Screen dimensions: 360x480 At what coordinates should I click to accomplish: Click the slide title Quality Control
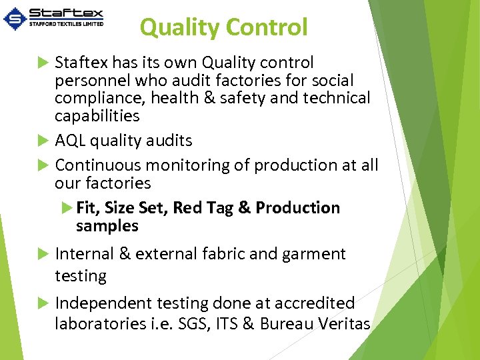223,27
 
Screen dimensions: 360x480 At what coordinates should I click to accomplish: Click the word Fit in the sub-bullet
87,208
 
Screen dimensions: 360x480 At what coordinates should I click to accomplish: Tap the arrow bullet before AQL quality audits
43,141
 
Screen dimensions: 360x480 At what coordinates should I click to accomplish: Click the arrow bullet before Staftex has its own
43,63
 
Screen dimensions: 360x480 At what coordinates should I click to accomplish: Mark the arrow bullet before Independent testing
43,303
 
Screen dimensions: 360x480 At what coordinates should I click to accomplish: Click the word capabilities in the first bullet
97,116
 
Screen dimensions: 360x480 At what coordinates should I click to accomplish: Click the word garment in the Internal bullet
316,254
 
